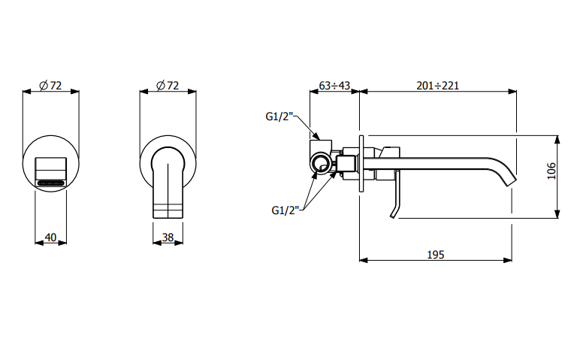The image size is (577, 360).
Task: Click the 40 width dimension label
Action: [50, 237]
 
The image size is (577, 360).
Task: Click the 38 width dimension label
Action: [168, 237]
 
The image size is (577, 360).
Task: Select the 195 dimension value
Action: [436, 255]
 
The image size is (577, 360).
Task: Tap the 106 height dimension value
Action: [551, 171]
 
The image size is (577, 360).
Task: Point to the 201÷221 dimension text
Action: [437, 86]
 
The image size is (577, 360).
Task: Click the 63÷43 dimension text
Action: [334, 86]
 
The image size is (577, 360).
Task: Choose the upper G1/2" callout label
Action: [279, 116]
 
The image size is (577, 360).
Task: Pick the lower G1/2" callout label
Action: [285, 210]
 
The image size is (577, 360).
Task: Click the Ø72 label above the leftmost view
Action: [50, 86]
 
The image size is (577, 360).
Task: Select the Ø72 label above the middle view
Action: [168, 86]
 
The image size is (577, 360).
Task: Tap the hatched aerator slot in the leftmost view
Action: [51, 182]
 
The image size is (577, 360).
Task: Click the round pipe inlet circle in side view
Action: [319, 162]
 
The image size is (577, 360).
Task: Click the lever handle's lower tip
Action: [393, 216]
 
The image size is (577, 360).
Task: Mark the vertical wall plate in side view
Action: [361, 163]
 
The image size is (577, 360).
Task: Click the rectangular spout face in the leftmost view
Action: [51, 172]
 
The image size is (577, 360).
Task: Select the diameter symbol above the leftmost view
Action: [44, 86]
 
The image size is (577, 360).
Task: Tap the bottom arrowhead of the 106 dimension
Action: [557, 213]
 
